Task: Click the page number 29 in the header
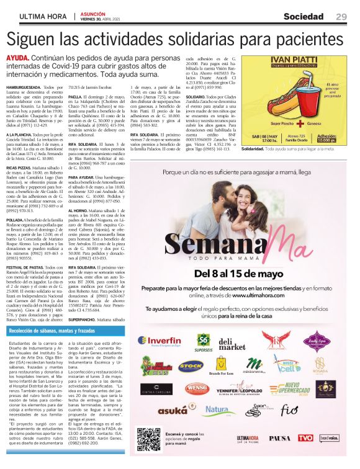coord(341,16)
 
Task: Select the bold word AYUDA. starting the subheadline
coord(20,56)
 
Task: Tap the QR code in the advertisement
coord(148,440)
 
